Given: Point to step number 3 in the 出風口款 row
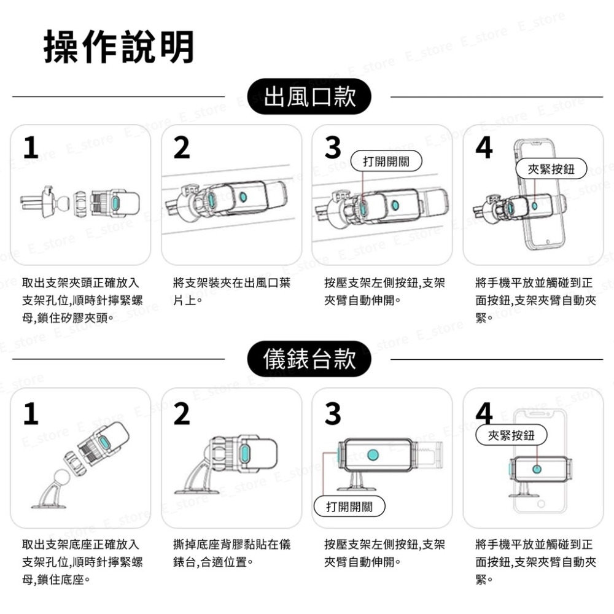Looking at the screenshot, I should tap(332, 148).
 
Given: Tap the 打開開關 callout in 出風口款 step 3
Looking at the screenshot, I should tap(386, 161).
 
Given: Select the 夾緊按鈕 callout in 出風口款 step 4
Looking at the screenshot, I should tap(551, 169).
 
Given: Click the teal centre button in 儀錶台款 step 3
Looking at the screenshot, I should tap(373, 455).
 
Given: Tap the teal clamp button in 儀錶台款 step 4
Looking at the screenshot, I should tap(537, 468).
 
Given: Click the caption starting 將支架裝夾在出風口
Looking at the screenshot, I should tap(231, 292).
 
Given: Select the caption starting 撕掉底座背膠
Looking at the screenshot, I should tap(231, 553).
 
